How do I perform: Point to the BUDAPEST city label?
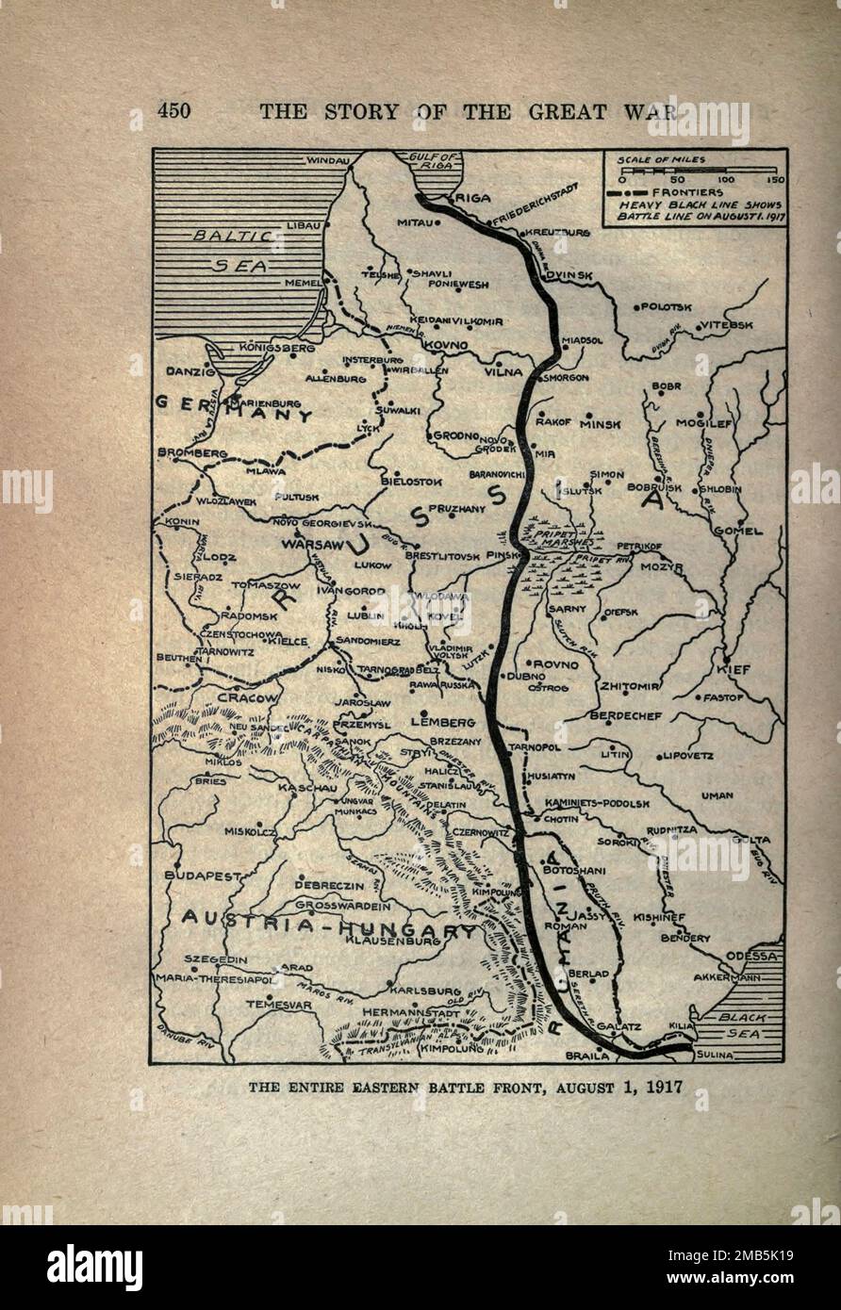[203, 876]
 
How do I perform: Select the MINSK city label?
[600, 425]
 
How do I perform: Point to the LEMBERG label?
[443, 722]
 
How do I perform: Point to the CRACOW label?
[248, 698]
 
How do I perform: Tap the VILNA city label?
[503, 372]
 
